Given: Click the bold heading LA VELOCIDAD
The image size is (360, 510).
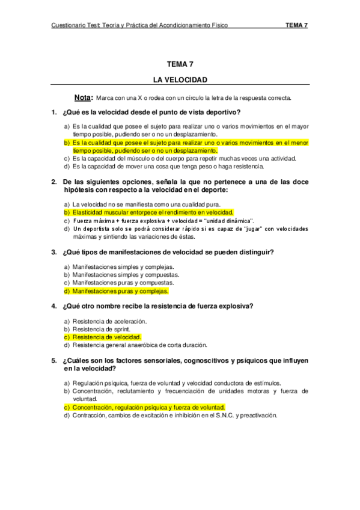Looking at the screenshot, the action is [x=180, y=79].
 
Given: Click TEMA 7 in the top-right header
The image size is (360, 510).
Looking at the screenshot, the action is [x=296, y=25].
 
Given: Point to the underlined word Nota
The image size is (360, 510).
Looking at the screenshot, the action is [x=83, y=97].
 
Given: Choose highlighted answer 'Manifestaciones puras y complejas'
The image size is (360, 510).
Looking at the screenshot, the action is [x=120, y=291].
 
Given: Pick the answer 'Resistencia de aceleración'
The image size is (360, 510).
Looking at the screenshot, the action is [x=104, y=322].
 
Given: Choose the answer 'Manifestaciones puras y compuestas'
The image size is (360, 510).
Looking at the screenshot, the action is [x=123, y=283].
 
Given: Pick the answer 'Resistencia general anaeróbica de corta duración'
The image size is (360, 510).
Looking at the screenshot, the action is [x=139, y=345].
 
